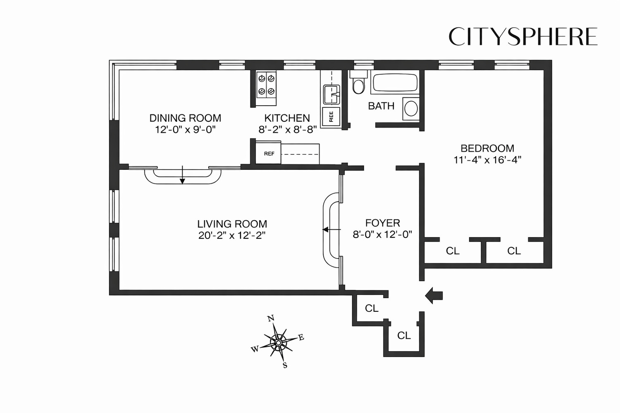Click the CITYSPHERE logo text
coord(523,37)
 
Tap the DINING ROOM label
coord(185,118)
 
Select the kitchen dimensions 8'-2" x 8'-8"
coord(288,130)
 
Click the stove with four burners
coord(266,85)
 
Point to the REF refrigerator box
coord(269,154)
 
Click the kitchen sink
coord(331,94)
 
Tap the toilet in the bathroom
coord(358,84)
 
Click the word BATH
coord(381,106)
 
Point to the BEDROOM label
coord(487,148)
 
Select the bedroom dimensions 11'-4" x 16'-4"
coord(487,160)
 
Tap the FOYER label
coord(383,223)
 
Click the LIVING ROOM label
coord(232,224)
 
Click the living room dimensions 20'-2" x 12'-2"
coord(232,235)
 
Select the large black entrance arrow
coord(434,295)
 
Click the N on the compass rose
coord(271,318)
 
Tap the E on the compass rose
coord(301,337)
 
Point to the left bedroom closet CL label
coord(453,251)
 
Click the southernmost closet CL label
coord(404,335)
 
